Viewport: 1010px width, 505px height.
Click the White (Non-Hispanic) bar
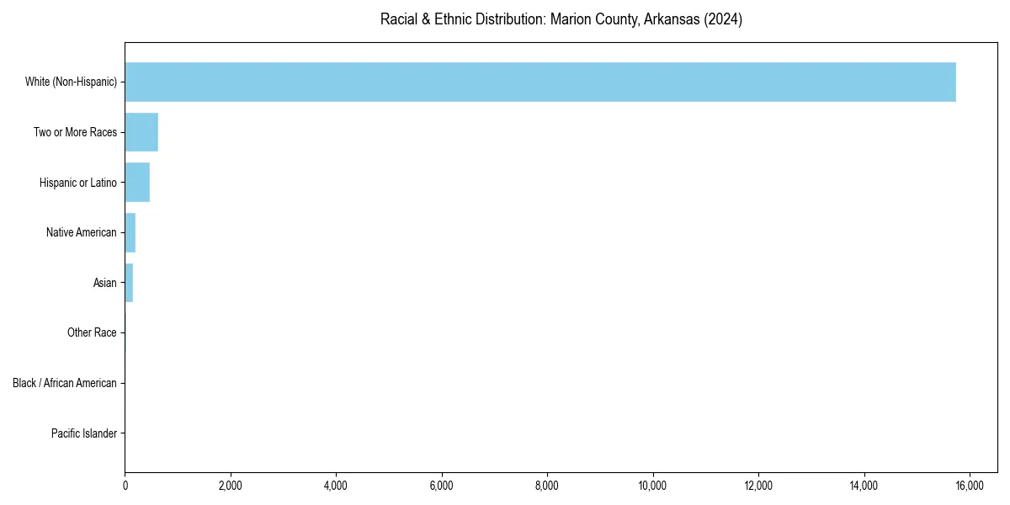[x=540, y=82]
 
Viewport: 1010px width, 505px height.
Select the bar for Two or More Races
[x=141, y=132]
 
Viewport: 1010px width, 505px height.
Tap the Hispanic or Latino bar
[x=137, y=183]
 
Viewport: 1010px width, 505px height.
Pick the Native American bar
[x=130, y=232]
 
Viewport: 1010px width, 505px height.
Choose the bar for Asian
[x=129, y=283]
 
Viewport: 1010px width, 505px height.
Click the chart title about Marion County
[x=561, y=19]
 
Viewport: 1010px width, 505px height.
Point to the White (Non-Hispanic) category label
[x=71, y=82]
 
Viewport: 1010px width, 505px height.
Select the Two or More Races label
[x=75, y=132]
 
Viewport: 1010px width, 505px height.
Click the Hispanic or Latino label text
[x=77, y=183]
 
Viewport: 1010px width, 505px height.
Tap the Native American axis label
[x=81, y=232]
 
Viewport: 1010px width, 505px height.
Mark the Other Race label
[x=92, y=333]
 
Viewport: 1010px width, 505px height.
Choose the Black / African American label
[x=64, y=383]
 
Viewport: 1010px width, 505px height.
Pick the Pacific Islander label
[x=83, y=433]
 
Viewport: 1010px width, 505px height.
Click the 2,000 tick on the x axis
[x=230, y=486]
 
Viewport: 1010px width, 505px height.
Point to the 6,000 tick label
[x=441, y=486]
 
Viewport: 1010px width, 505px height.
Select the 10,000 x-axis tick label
[x=652, y=486]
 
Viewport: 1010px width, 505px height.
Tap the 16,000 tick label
[x=970, y=486]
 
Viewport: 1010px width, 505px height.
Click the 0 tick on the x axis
[x=125, y=486]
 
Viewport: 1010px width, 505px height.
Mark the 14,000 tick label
[x=864, y=486]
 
